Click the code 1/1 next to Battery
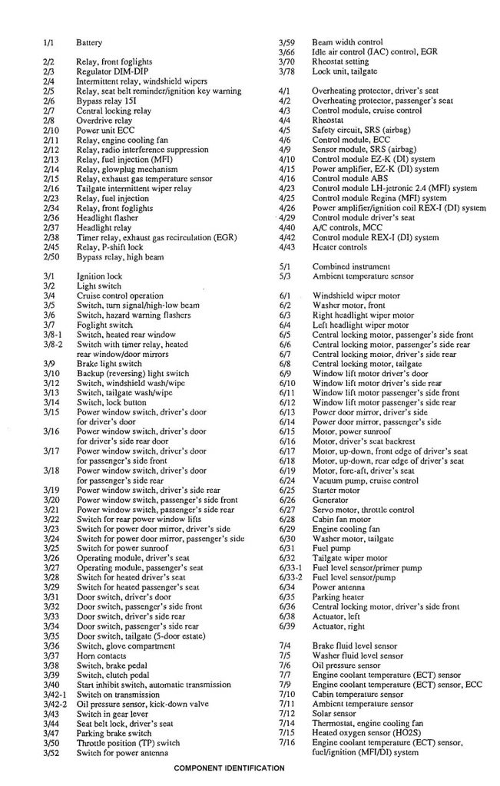[x=48, y=43]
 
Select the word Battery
[x=89, y=43]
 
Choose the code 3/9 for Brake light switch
[x=48, y=362]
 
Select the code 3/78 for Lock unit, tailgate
[x=286, y=71]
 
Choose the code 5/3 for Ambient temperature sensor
[x=284, y=276]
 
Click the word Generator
[x=331, y=500]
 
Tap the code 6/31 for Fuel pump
[x=286, y=549]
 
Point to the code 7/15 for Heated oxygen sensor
[x=286, y=734]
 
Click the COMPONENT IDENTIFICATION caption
[x=229, y=768]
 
